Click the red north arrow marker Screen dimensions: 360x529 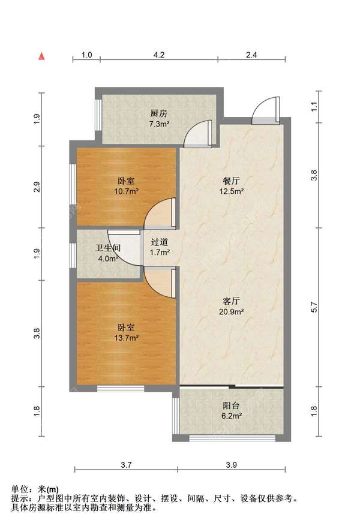point(41,56)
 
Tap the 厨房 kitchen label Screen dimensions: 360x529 point(159,113)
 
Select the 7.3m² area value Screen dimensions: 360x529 point(159,124)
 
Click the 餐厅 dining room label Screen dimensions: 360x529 point(231,181)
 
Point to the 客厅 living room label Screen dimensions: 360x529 point(231,300)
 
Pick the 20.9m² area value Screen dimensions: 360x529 point(232,311)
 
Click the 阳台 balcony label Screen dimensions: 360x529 point(231,405)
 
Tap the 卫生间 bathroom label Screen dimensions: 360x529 point(108,248)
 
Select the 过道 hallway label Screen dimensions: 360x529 point(160,242)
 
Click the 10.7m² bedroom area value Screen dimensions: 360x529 point(127,192)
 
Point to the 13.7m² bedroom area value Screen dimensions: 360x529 point(127,338)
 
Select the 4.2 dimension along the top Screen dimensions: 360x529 point(159,55)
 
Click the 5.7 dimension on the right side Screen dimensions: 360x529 point(314,306)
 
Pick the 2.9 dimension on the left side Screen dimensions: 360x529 point(37,187)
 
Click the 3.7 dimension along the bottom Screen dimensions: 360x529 point(126,465)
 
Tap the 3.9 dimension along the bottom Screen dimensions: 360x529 point(232,465)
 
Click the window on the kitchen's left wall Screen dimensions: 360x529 point(98,115)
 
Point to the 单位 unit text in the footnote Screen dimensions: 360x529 point(20,489)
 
